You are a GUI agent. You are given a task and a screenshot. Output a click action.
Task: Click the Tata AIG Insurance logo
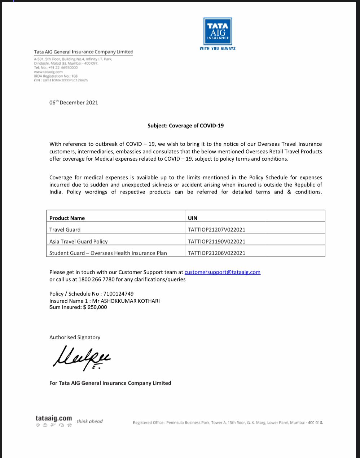click(218, 31)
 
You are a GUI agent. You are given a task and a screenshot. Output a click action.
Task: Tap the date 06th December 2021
click(74, 102)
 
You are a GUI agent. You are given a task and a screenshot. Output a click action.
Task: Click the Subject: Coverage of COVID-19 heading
click(185, 126)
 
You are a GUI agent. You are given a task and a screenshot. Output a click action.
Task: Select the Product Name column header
click(67, 218)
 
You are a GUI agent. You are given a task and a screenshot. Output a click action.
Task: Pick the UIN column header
click(193, 218)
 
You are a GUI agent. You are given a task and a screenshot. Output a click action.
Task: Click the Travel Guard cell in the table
click(65, 230)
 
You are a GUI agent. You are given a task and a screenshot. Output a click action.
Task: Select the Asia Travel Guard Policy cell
click(79, 241)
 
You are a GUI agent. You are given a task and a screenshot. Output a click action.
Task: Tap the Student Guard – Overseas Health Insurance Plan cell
click(108, 253)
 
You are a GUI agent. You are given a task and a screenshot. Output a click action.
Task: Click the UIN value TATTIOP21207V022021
click(216, 230)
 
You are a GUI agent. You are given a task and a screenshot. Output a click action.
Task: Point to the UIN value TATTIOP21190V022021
click(216, 241)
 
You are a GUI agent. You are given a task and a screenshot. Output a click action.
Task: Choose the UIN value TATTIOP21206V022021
click(216, 253)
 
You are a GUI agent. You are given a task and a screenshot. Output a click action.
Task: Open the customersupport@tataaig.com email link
click(222, 272)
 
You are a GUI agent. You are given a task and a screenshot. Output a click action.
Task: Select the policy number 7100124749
click(118, 294)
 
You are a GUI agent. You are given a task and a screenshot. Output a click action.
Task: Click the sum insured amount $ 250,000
click(95, 307)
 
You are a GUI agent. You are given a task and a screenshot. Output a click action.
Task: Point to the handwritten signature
click(82, 357)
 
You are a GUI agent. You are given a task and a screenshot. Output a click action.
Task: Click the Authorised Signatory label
click(75, 337)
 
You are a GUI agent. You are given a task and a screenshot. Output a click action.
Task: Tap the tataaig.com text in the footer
click(54, 418)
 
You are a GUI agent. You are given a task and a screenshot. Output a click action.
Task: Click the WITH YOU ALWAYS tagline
click(218, 48)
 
